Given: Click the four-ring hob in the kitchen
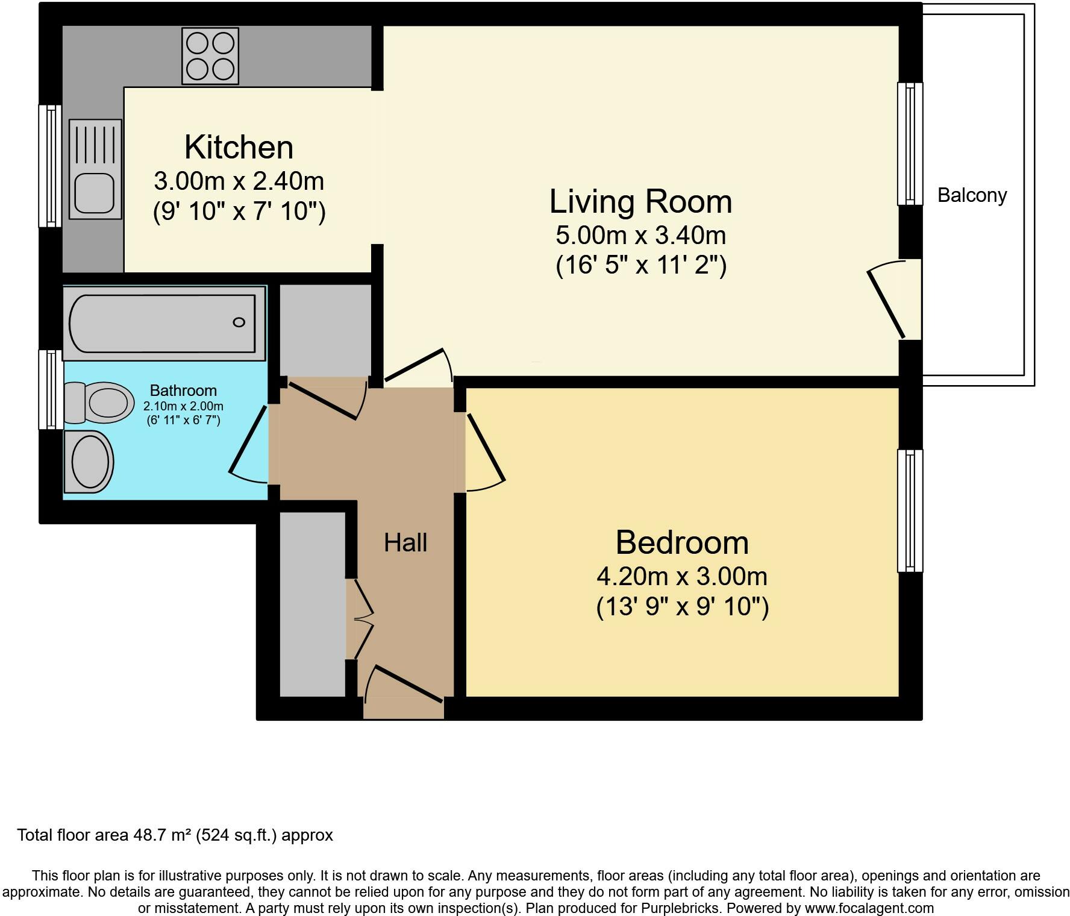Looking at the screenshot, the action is click(210, 56).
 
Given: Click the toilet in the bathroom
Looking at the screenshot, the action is click(99, 402).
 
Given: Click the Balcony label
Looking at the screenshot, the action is click(972, 195).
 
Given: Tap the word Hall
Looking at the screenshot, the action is click(405, 542).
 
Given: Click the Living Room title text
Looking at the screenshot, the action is click(640, 201).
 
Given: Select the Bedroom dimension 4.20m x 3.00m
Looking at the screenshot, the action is click(682, 577).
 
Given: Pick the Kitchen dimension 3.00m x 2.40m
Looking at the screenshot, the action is click(239, 181).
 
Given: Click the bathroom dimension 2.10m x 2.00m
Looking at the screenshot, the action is click(183, 406).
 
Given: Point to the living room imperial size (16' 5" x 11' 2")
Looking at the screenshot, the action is click(641, 265).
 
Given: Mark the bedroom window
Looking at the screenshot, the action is click(910, 510).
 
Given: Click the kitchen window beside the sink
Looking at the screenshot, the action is click(51, 166).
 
